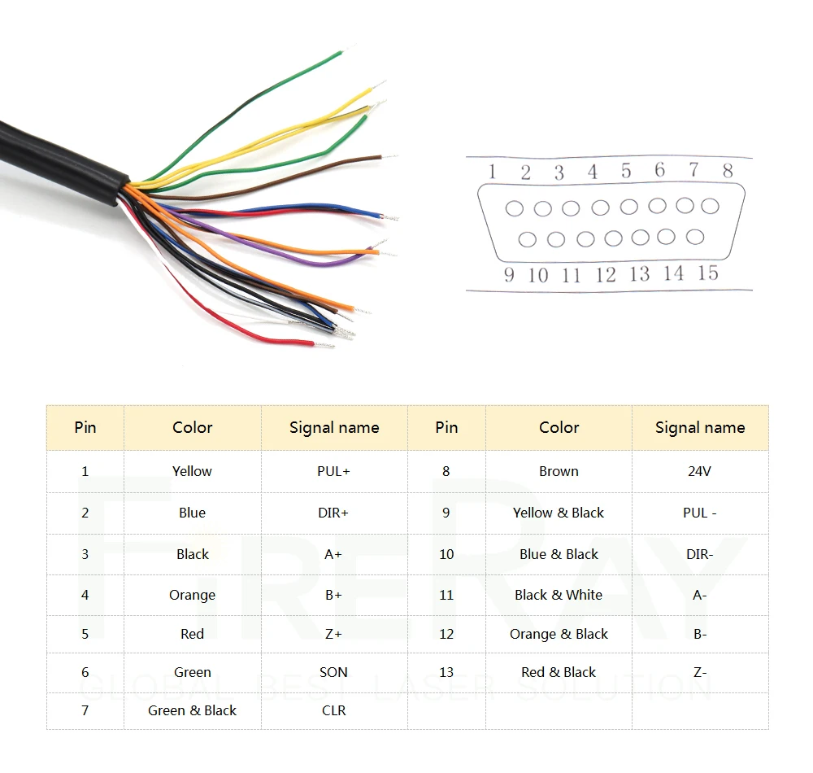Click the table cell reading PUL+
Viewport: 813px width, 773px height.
point(333,471)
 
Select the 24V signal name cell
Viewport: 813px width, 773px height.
point(699,471)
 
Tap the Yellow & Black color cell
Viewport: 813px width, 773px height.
point(559,513)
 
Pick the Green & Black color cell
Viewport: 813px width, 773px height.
point(192,710)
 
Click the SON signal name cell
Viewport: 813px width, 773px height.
point(333,672)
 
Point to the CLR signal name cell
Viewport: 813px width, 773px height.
point(333,710)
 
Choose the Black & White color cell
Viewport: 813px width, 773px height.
point(559,595)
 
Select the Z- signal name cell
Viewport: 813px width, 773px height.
point(699,672)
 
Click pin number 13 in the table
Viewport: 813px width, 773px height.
point(446,672)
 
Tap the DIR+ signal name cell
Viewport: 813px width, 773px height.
point(333,513)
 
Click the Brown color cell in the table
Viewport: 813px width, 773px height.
point(559,471)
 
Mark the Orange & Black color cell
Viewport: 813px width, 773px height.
point(559,634)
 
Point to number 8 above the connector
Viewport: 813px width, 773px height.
point(727,171)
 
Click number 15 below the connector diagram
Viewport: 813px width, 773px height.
point(707,273)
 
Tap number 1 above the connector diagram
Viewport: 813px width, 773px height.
point(492,172)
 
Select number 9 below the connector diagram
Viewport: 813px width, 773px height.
point(509,274)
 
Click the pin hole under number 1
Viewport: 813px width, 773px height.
point(514,208)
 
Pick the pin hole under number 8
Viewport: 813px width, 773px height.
point(710,206)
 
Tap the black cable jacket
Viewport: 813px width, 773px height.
point(57,155)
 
